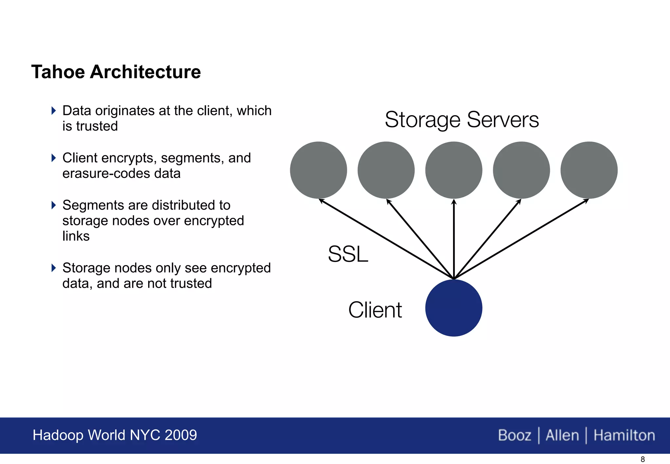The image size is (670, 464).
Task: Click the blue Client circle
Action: pos(453,308)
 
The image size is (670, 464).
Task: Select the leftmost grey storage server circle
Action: pos(318,170)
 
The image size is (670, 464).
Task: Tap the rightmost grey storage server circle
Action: pos(589,170)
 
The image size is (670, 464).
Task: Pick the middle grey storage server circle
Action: pos(453,170)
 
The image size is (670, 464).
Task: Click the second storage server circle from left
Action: pos(386,170)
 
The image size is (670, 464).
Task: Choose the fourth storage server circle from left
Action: pos(521,170)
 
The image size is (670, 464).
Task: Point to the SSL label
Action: pos(348,254)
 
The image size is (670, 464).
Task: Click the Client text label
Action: pos(375,310)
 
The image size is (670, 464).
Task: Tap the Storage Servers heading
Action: pos(462,120)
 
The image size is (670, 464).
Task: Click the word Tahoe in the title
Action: pos(58,72)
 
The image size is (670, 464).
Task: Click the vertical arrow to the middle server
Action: pos(453,239)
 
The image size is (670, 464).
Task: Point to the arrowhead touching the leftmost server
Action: pos(321,200)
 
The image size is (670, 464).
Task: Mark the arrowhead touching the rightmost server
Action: pos(586,200)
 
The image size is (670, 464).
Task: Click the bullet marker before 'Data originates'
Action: pos(54,111)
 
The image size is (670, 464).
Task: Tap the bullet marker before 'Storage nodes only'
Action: pos(54,268)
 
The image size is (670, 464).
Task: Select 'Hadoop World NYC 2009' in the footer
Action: pos(115,435)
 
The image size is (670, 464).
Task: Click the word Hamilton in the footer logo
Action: pos(624,435)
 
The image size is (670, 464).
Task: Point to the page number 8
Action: pos(643,459)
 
